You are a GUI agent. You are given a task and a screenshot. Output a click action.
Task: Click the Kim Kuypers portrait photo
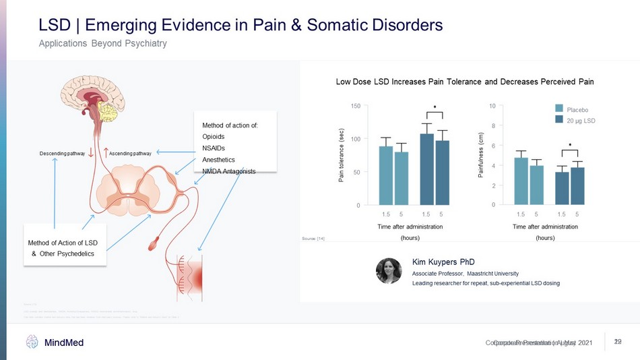tap(389, 270)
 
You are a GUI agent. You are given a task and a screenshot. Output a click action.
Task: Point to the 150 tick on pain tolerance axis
tap(355, 106)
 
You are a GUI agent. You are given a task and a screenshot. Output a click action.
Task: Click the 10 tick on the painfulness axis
tap(493, 106)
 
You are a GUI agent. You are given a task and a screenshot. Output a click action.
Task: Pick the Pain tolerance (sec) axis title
tap(342, 154)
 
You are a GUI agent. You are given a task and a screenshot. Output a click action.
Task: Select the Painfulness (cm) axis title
tap(480, 154)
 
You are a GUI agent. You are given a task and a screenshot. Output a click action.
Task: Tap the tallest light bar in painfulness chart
tap(521, 181)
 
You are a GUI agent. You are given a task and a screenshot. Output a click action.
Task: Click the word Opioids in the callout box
tap(214, 136)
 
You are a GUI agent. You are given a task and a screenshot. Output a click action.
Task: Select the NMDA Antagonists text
tap(229, 171)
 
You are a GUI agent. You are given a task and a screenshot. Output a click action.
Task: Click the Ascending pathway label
tap(130, 154)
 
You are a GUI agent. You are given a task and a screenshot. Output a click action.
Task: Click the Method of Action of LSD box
tap(65, 247)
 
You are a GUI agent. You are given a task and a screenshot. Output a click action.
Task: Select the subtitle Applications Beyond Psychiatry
tap(102, 44)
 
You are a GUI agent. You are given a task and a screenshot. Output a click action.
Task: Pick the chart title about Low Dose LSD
tap(465, 82)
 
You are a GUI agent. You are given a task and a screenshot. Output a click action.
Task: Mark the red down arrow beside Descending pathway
tap(91, 152)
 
